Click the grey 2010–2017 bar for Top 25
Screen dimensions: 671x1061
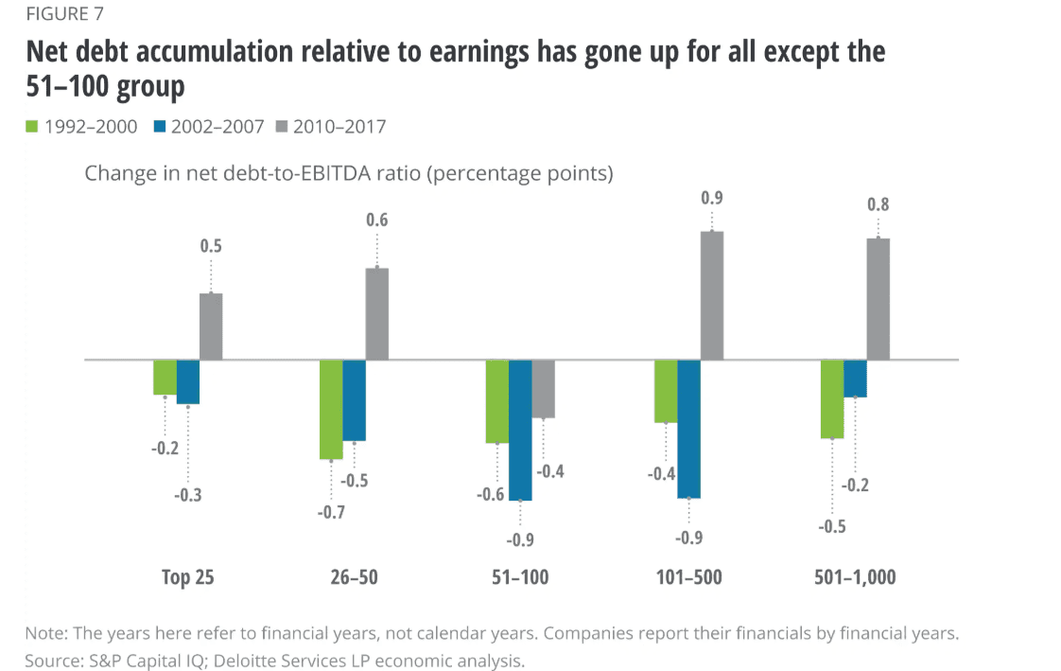pos(211,327)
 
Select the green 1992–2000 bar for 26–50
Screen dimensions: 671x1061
pos(331,410)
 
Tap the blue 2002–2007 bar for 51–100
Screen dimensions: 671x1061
pos(520,430)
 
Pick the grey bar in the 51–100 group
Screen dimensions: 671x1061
pos(543,389)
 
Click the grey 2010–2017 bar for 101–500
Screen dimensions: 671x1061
pos(712,295)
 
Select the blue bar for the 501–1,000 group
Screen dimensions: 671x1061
pos(855,379)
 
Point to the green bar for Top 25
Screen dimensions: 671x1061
pos(165,378)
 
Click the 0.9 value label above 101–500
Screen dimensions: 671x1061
pos(711,199)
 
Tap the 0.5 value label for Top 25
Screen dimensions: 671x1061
pos(211,247)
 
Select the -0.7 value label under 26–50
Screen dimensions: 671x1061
pos(331,513)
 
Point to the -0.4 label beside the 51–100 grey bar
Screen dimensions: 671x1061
pos(551,471)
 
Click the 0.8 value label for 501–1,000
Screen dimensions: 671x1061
pos(878,204)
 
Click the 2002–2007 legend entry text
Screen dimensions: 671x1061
pos(216,126)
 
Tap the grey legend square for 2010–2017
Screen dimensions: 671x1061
pos(280,126)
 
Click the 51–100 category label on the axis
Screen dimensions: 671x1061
pos(520,577)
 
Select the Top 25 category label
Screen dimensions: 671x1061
pos(187,577)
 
